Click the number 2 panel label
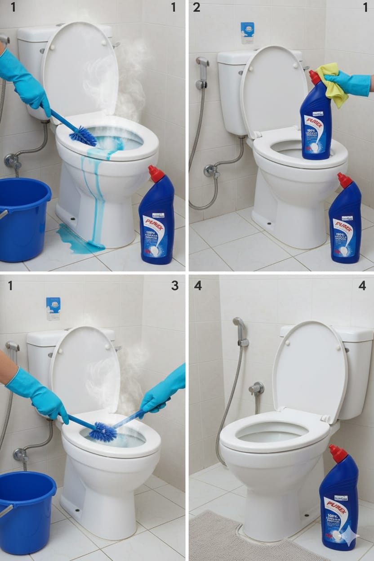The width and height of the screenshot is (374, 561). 196,7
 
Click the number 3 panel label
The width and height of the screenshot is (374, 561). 174,285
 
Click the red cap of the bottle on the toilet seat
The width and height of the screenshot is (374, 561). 314,77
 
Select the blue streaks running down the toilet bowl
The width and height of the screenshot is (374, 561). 97,189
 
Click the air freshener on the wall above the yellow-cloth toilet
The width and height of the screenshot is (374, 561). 247,32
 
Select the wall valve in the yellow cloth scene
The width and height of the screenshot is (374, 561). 209,170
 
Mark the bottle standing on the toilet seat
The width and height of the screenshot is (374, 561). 316,121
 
